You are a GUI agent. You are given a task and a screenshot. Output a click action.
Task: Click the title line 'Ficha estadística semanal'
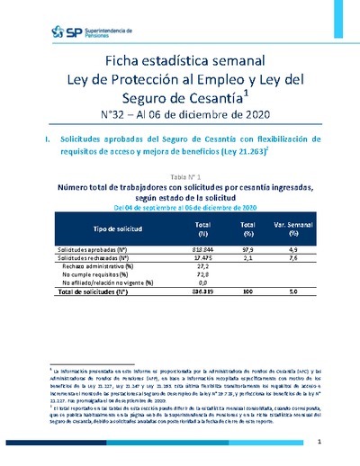(x=180, y=60)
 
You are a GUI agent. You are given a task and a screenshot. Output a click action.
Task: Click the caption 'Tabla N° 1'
(x=179, y=177)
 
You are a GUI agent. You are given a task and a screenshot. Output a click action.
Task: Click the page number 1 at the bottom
(x=320, y=444)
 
